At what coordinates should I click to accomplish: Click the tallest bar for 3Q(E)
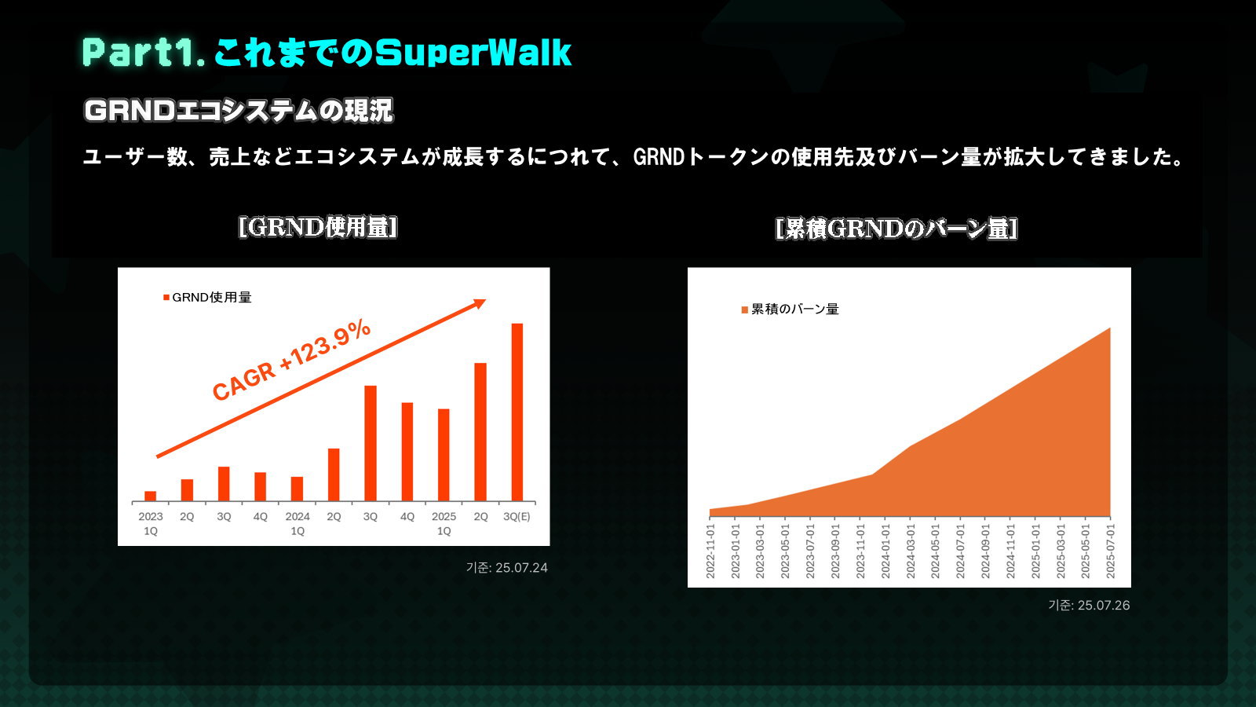[x=517, y=412]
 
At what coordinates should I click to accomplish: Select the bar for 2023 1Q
[x=150, y=496]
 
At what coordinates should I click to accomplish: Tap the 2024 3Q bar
[x=370, y=443]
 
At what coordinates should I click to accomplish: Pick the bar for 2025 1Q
[x=444, y=455]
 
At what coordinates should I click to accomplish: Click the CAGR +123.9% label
[x=291, y=360]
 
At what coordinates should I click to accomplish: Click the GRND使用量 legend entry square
[x=166, y=298]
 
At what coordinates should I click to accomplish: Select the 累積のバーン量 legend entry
[x=790, y=310]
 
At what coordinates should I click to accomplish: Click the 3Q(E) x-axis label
[x=517, y=516]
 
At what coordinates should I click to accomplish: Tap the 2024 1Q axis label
[x=298, y=523]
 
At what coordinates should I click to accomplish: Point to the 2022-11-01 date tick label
[x=710, y=551]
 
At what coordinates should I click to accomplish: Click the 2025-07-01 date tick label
[x=1110, y=551]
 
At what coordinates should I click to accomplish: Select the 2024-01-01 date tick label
[x=885, y=551]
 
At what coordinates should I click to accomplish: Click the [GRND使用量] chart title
[x=318, y=227]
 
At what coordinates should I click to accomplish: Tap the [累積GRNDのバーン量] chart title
[x=896, y=229]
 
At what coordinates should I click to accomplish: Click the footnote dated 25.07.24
[x=507, y=568]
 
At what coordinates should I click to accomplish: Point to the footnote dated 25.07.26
[x=1089, y=606]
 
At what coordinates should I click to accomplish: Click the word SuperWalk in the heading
[x=473, y=53]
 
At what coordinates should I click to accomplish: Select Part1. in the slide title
[x=144, y=53]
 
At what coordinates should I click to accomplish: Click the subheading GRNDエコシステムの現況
[x=239, y=110]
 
